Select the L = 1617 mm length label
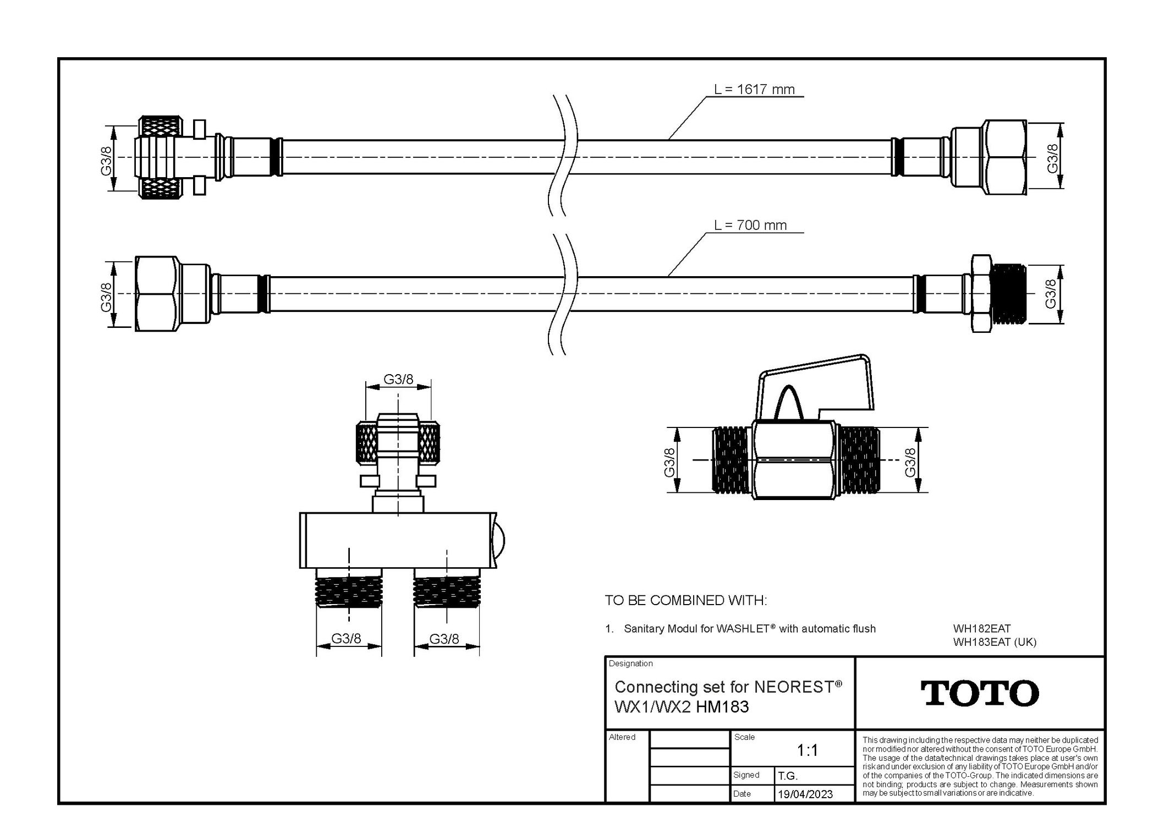754,89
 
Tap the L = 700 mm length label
750,225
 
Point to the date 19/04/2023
805,794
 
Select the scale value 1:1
807,750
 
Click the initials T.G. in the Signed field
787,776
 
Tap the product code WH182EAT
982,628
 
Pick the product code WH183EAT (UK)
995,641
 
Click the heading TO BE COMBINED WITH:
685,600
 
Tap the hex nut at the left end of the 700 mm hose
157,294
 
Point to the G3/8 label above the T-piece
398,379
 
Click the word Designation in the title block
630,663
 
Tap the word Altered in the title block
622,737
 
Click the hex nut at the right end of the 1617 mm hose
1005,158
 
